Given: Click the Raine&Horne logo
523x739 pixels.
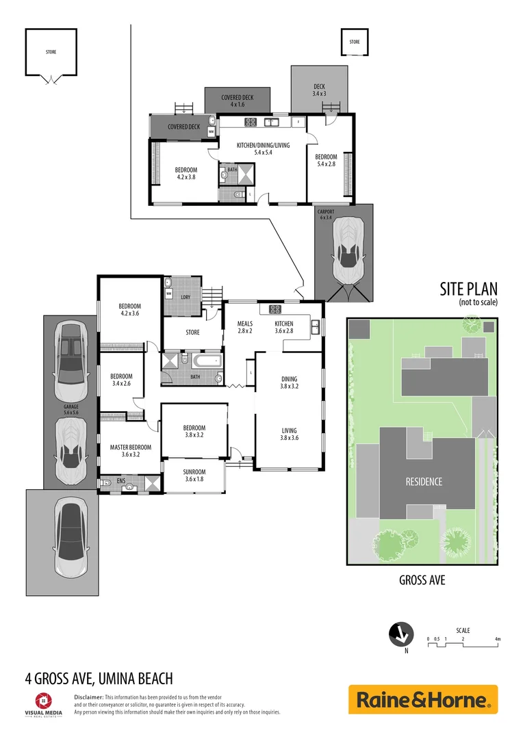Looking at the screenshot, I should click(x=422, y=699).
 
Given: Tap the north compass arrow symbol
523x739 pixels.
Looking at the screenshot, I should click(x=400, y=634).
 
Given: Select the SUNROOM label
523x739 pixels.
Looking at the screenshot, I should click(x=194, y=475).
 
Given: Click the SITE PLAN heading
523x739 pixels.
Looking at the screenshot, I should click(x=468, y=289).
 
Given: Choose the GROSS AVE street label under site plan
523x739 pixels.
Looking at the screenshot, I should click(x=422, y=580).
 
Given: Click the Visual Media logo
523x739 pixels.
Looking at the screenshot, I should click(x=42, y=703).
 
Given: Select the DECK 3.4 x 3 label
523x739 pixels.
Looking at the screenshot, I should click(x=319, y=90).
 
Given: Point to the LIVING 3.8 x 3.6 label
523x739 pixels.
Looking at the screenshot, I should click(x=289, y=434).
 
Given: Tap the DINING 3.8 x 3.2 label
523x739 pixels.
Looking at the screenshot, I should click(x=289, y=382).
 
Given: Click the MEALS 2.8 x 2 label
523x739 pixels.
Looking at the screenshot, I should click(x=245, y=327).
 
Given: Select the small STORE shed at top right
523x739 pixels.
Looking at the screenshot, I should click(x=354, y=42).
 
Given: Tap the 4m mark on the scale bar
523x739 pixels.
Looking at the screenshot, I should click(x=498, y=639).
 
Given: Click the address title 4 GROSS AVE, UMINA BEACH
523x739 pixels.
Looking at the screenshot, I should click(x=99, y=679).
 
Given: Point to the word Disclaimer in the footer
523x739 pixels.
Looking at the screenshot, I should click(x=88, y=696).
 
